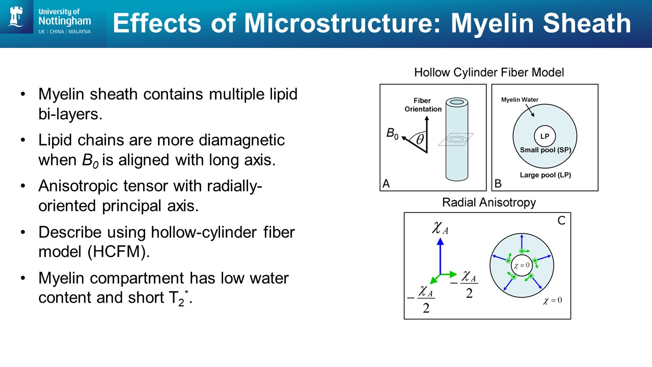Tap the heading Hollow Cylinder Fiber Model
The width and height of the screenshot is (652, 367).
point(489,72)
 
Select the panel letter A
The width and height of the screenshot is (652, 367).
point(386,184)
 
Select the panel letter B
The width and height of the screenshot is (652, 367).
point(498,184)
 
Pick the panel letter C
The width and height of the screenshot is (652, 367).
point(561,221)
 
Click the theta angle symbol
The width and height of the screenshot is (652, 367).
point(420,139)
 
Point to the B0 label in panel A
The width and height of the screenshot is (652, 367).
point(392,134)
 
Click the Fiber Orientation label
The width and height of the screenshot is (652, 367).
point(423,105)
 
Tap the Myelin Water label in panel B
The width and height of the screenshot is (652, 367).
point(520,99)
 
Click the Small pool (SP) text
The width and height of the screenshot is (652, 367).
point(545,150)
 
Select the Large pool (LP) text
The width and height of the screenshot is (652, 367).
point(545,175)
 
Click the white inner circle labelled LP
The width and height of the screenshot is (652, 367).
point(545,137)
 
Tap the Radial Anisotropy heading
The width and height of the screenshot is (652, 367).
point(489,202)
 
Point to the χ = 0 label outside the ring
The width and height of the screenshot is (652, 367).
point(553,300)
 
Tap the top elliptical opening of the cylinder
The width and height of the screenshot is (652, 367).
point(456,102)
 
